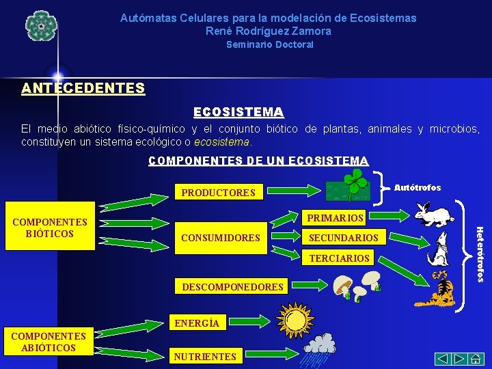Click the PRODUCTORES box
click(x=218, y=193)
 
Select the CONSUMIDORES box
click(x=221, y=238)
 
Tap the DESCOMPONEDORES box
click(x=232, y=287)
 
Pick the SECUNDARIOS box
click(x=344, y=238)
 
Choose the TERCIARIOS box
click(x=339, y=258)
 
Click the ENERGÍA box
click(x=197, y=323)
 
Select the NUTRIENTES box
click(x=205, y=356)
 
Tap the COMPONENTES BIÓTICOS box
click(x=50, y=227)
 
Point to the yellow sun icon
click(x=296, y=318)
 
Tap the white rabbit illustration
click(x=433, y=213)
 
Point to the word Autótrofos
click(x=418, y=187)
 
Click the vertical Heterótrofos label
click(x=480, y=253)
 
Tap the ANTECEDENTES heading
click(x=83, y=88)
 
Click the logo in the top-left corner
click(x=40, y=26)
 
